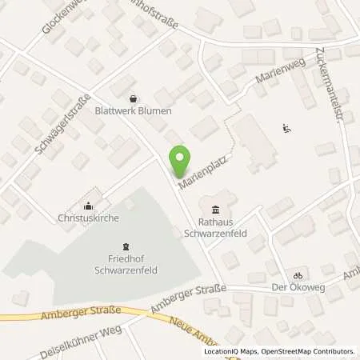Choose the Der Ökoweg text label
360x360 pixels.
[x=296, y=286]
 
